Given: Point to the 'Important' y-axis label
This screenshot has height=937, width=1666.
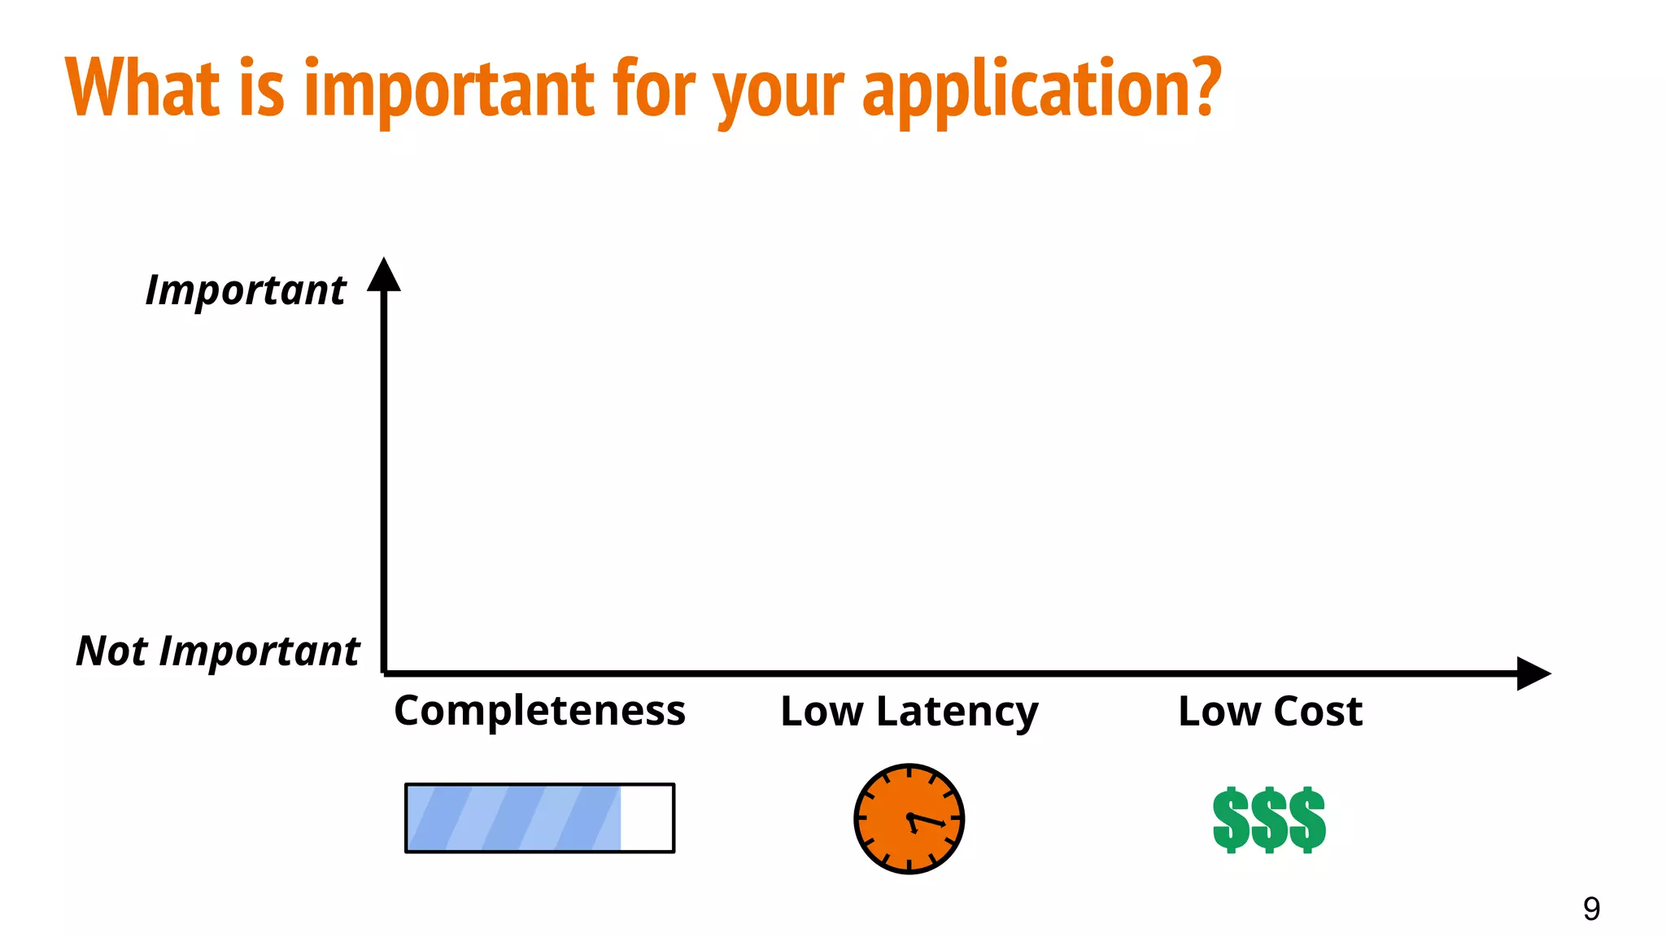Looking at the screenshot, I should [246, 290].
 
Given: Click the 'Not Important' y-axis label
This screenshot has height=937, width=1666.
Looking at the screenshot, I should [217, 652].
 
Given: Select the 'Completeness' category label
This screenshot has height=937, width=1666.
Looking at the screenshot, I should [539, 711].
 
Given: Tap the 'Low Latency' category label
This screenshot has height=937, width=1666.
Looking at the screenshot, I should [909, 712].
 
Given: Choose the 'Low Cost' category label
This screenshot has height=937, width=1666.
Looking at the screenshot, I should [1270, 712].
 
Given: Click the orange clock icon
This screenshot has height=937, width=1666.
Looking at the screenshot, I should [909, 819].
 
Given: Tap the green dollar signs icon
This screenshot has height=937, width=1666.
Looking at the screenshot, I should [1269, 820].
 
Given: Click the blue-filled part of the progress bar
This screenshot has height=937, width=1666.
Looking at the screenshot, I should [512, 818].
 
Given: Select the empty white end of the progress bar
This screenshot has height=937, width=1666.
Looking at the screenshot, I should [647, 818].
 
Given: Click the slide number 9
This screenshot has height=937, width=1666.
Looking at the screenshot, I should [1591, 909].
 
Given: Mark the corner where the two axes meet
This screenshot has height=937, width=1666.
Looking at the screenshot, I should [384, 673].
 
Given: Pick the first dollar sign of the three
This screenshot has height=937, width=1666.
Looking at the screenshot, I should [1231, 820].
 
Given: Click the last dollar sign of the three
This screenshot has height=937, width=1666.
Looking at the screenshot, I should [1307, 820].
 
